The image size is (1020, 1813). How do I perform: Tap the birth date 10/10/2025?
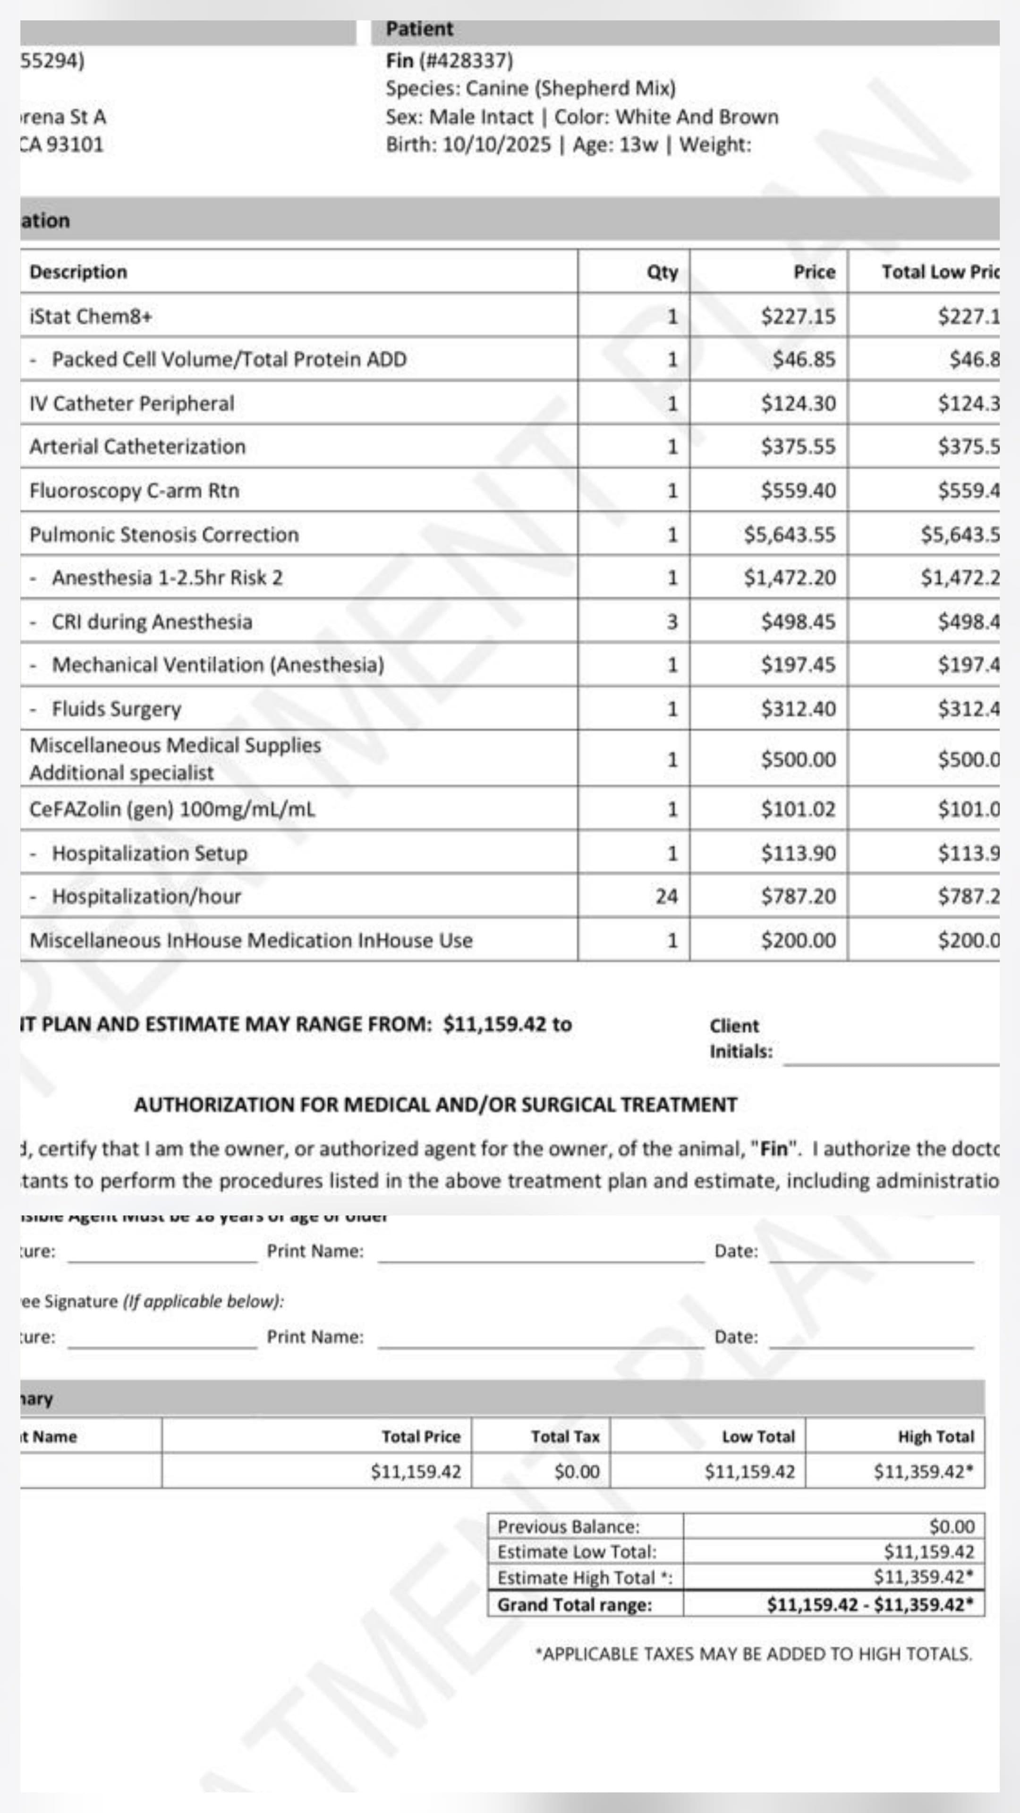tap(496, 145)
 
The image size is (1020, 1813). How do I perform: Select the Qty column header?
tap(662, 272)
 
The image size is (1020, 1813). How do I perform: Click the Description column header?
tap(78, 272)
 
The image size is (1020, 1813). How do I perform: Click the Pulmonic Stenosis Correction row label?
tap(164, 535)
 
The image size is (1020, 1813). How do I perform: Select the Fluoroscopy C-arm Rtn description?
tap(135, 491)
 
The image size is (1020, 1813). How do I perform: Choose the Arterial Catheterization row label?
tap(137, 447)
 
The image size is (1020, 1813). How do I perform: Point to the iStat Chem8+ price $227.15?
tap(798, 317)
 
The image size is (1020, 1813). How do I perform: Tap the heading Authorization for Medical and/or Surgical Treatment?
tap(435, 1105)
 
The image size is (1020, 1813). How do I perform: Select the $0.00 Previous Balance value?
tap(951, 1526)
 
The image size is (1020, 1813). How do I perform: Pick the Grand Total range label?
tap(574, 1605)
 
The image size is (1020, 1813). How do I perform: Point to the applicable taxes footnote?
tap(753, 1654)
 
